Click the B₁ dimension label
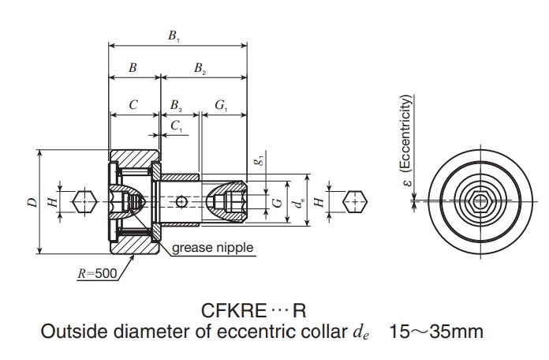point(174,36)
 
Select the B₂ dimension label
point(200,69)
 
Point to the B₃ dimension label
point(176,104)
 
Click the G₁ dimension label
point(222,104)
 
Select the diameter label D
point(32,203)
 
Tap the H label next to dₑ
point(319,202)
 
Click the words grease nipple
point(214,248)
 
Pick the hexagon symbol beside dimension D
point(84,203)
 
